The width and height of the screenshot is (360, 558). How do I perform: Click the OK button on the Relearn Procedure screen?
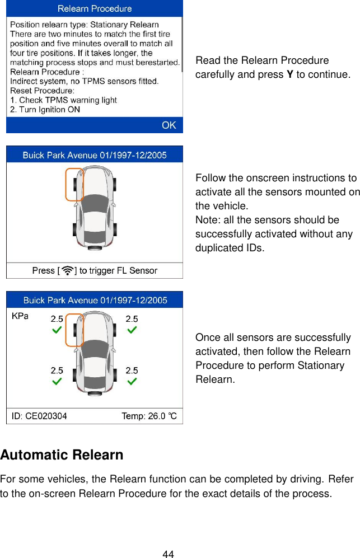click(x=169, y=125)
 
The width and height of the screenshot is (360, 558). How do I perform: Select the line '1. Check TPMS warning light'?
click(x=64, y=100)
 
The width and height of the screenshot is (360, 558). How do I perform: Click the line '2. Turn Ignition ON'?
click(x=45, y=110)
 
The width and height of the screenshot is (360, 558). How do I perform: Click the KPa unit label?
click(x=20, y=316)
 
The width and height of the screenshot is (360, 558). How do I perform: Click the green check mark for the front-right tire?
click(x=132, y=331)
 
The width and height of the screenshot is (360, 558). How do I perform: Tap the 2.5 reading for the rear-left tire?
click(x=57, y=370)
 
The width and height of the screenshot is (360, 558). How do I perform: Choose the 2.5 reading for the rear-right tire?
click(x=132, y=370)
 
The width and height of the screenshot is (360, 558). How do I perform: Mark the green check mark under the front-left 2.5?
click(x=57, y=331)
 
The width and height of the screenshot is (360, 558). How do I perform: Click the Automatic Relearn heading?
click(x=62, y=455)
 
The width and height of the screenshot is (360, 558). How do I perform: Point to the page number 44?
click(x=167, y=554)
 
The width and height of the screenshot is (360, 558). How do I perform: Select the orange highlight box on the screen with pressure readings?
click(x=74, y=330)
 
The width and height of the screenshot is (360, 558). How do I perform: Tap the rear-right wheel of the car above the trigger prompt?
click(x=114, y=229)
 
